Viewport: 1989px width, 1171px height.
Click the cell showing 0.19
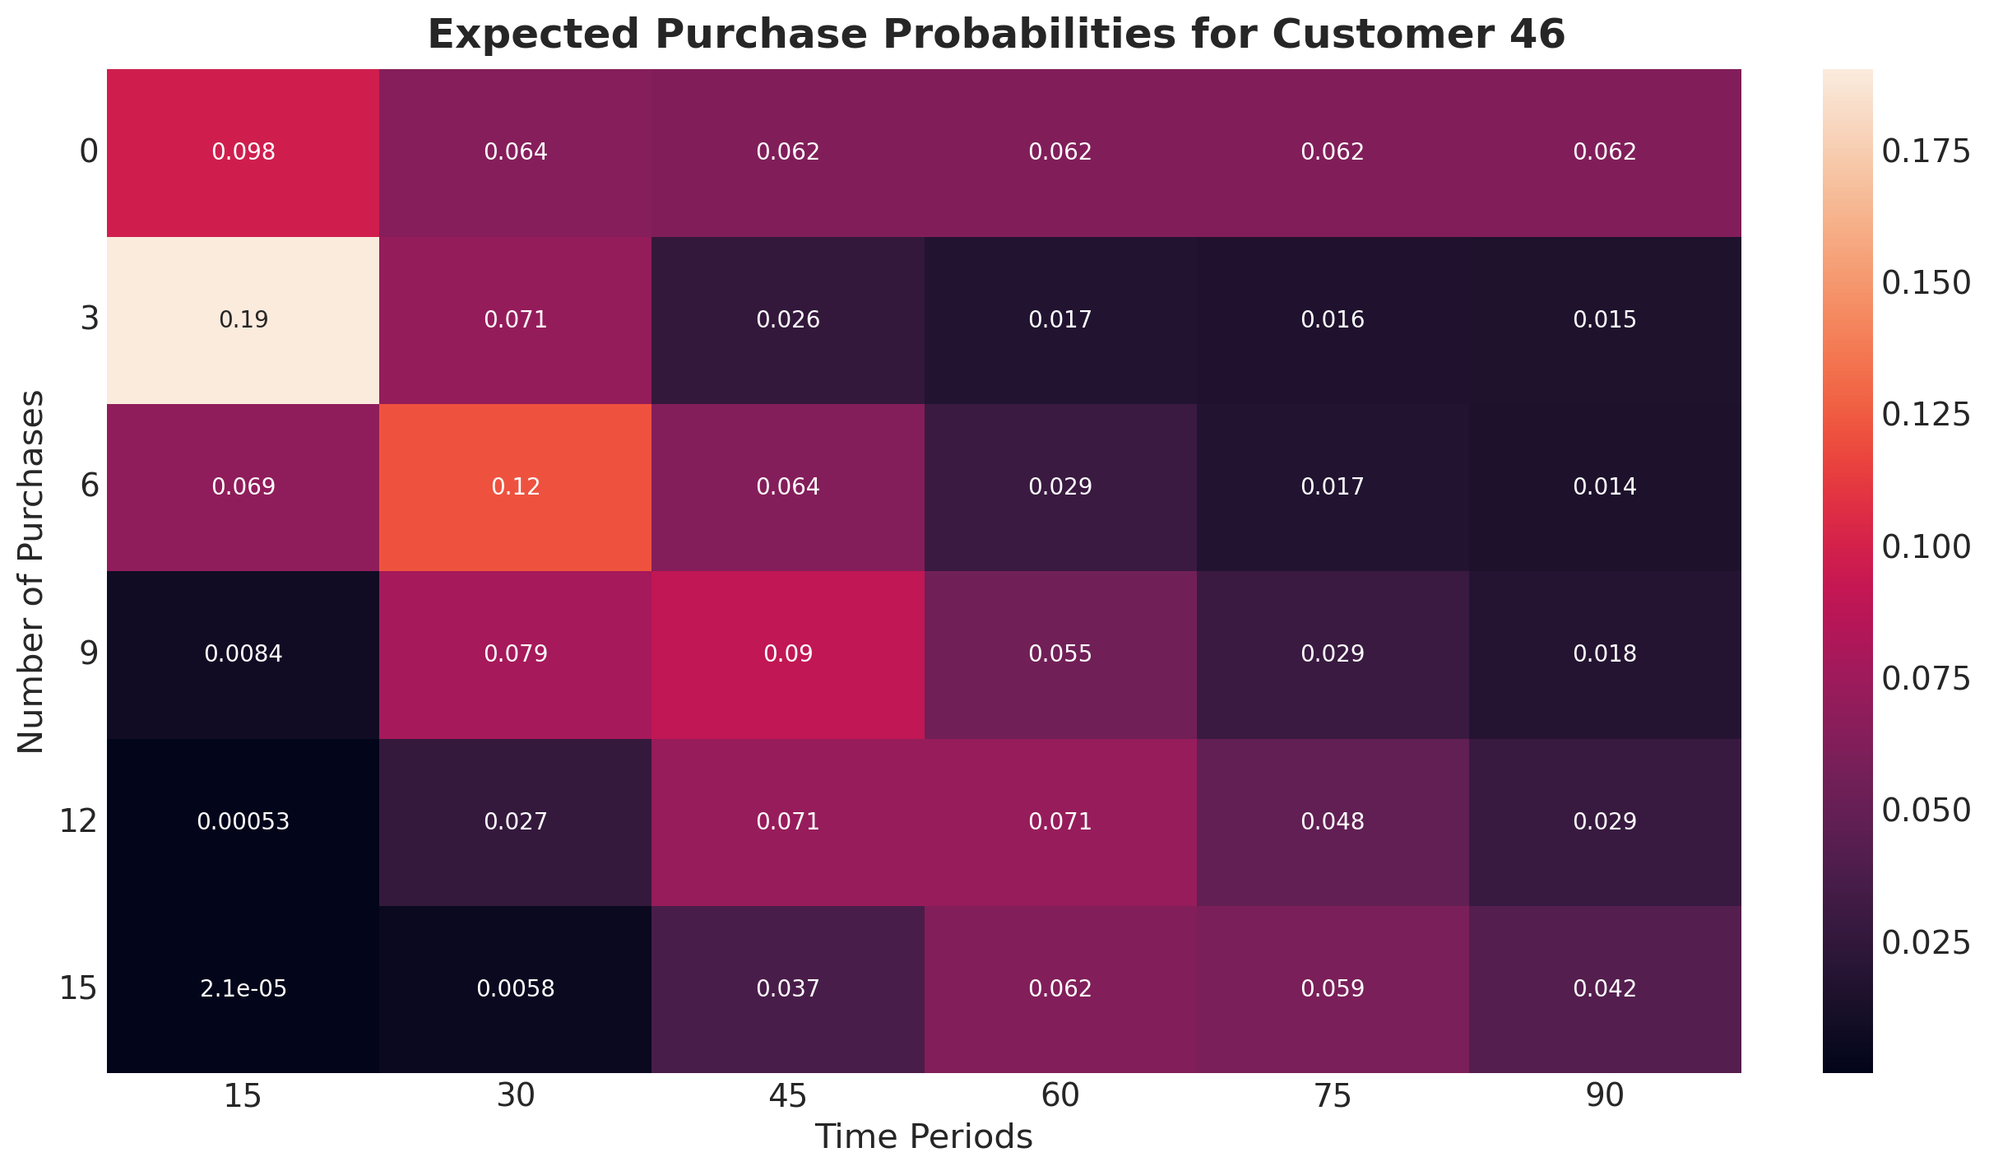pyautogui.click(x=243, y=320)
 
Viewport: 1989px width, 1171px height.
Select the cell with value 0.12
pyautogui.click(x=516, y=487)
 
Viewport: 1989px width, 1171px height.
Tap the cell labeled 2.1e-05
pyautogui.click(x=243, y=989)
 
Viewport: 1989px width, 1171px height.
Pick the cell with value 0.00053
pyautogui.click(x=243, y=822)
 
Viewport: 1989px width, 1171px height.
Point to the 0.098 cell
pyautogui.click(x=243, y=152)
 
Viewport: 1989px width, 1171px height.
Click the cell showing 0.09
pyautogui.click(x=788, y=654)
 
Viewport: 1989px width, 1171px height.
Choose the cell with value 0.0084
pyautogui.click(x=243, y=654)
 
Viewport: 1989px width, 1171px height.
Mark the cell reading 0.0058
pyautogui.click(x=516, y=989)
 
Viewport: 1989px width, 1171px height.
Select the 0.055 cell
pyautogui.click(x=1060, y=654)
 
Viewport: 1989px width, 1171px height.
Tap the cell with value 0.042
pyautogui.click(x=1605, y=989)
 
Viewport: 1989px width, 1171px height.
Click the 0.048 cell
pyautogui.click(x=1333, y=822)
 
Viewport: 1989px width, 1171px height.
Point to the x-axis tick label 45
pyautogui.click(x=788, y=1097)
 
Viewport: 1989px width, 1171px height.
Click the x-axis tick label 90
pyautogui.click(x=1605, y=1097)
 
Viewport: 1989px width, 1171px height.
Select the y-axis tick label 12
pyautogui.click(x=78, y=822)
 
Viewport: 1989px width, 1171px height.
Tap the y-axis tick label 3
pyautogui.click(x=89, y=320)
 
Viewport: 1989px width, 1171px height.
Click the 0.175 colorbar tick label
pyautogui.click(x=1926, y=151)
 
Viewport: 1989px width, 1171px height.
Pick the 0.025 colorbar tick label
pyautogui.click(x=1926, y=943)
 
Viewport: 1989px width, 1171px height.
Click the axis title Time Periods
pyautogui.click(x=924, y=1137)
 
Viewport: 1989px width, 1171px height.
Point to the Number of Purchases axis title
pyautogui.click(x=30, y=571)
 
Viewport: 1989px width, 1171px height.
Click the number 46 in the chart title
pyautogui.click(x=1532, y=35)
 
